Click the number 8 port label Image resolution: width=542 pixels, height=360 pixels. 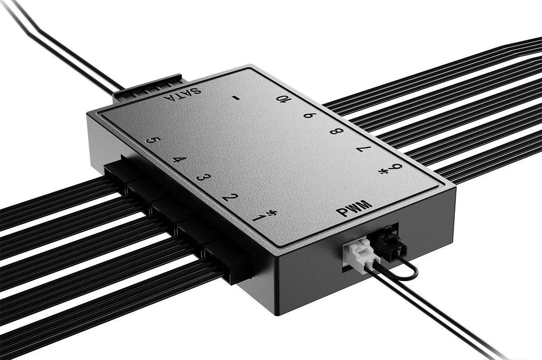coord(336,131)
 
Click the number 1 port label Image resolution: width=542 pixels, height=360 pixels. coord(258,219)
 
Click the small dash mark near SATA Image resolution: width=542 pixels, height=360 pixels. coord(235,97)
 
